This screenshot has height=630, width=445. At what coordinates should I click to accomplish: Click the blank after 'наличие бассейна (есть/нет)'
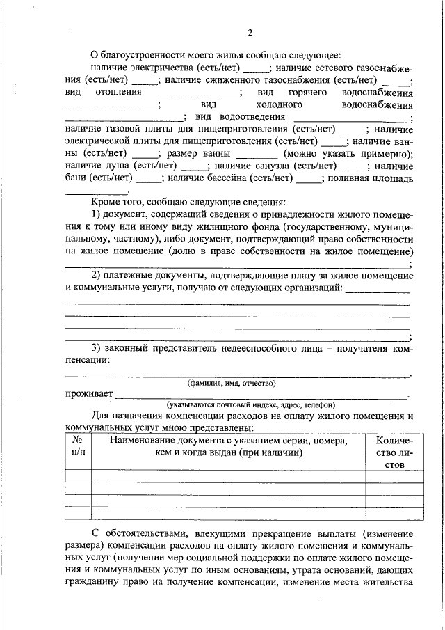(308, 180)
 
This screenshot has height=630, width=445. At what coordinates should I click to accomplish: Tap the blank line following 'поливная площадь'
(96, 192)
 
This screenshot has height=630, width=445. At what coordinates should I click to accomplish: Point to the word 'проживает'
(89, 395)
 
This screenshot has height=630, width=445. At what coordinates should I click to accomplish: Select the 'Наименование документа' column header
(228, 446)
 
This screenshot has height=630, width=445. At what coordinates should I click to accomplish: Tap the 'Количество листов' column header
(394, 452)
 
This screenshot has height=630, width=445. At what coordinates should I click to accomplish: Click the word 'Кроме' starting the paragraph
(106, 201)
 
